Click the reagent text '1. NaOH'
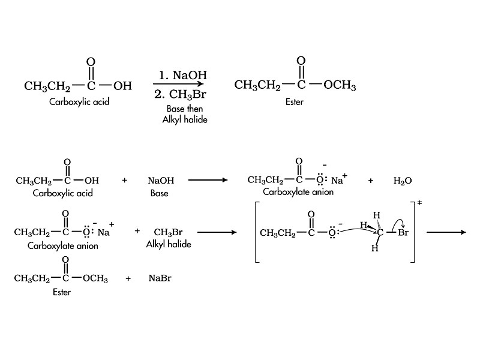(183, 76)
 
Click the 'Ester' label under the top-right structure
(295, 103)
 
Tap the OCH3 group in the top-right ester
(340, 86)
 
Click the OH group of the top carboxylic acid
(122, 86)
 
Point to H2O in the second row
(403, 180)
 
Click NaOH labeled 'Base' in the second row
(160, 180)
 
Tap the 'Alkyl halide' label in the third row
(169, 244)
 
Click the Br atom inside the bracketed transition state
(403, 233)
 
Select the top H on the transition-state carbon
(376, 215)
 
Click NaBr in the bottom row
(160, 279)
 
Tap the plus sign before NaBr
(128, 279)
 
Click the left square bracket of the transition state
(257, 232)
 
